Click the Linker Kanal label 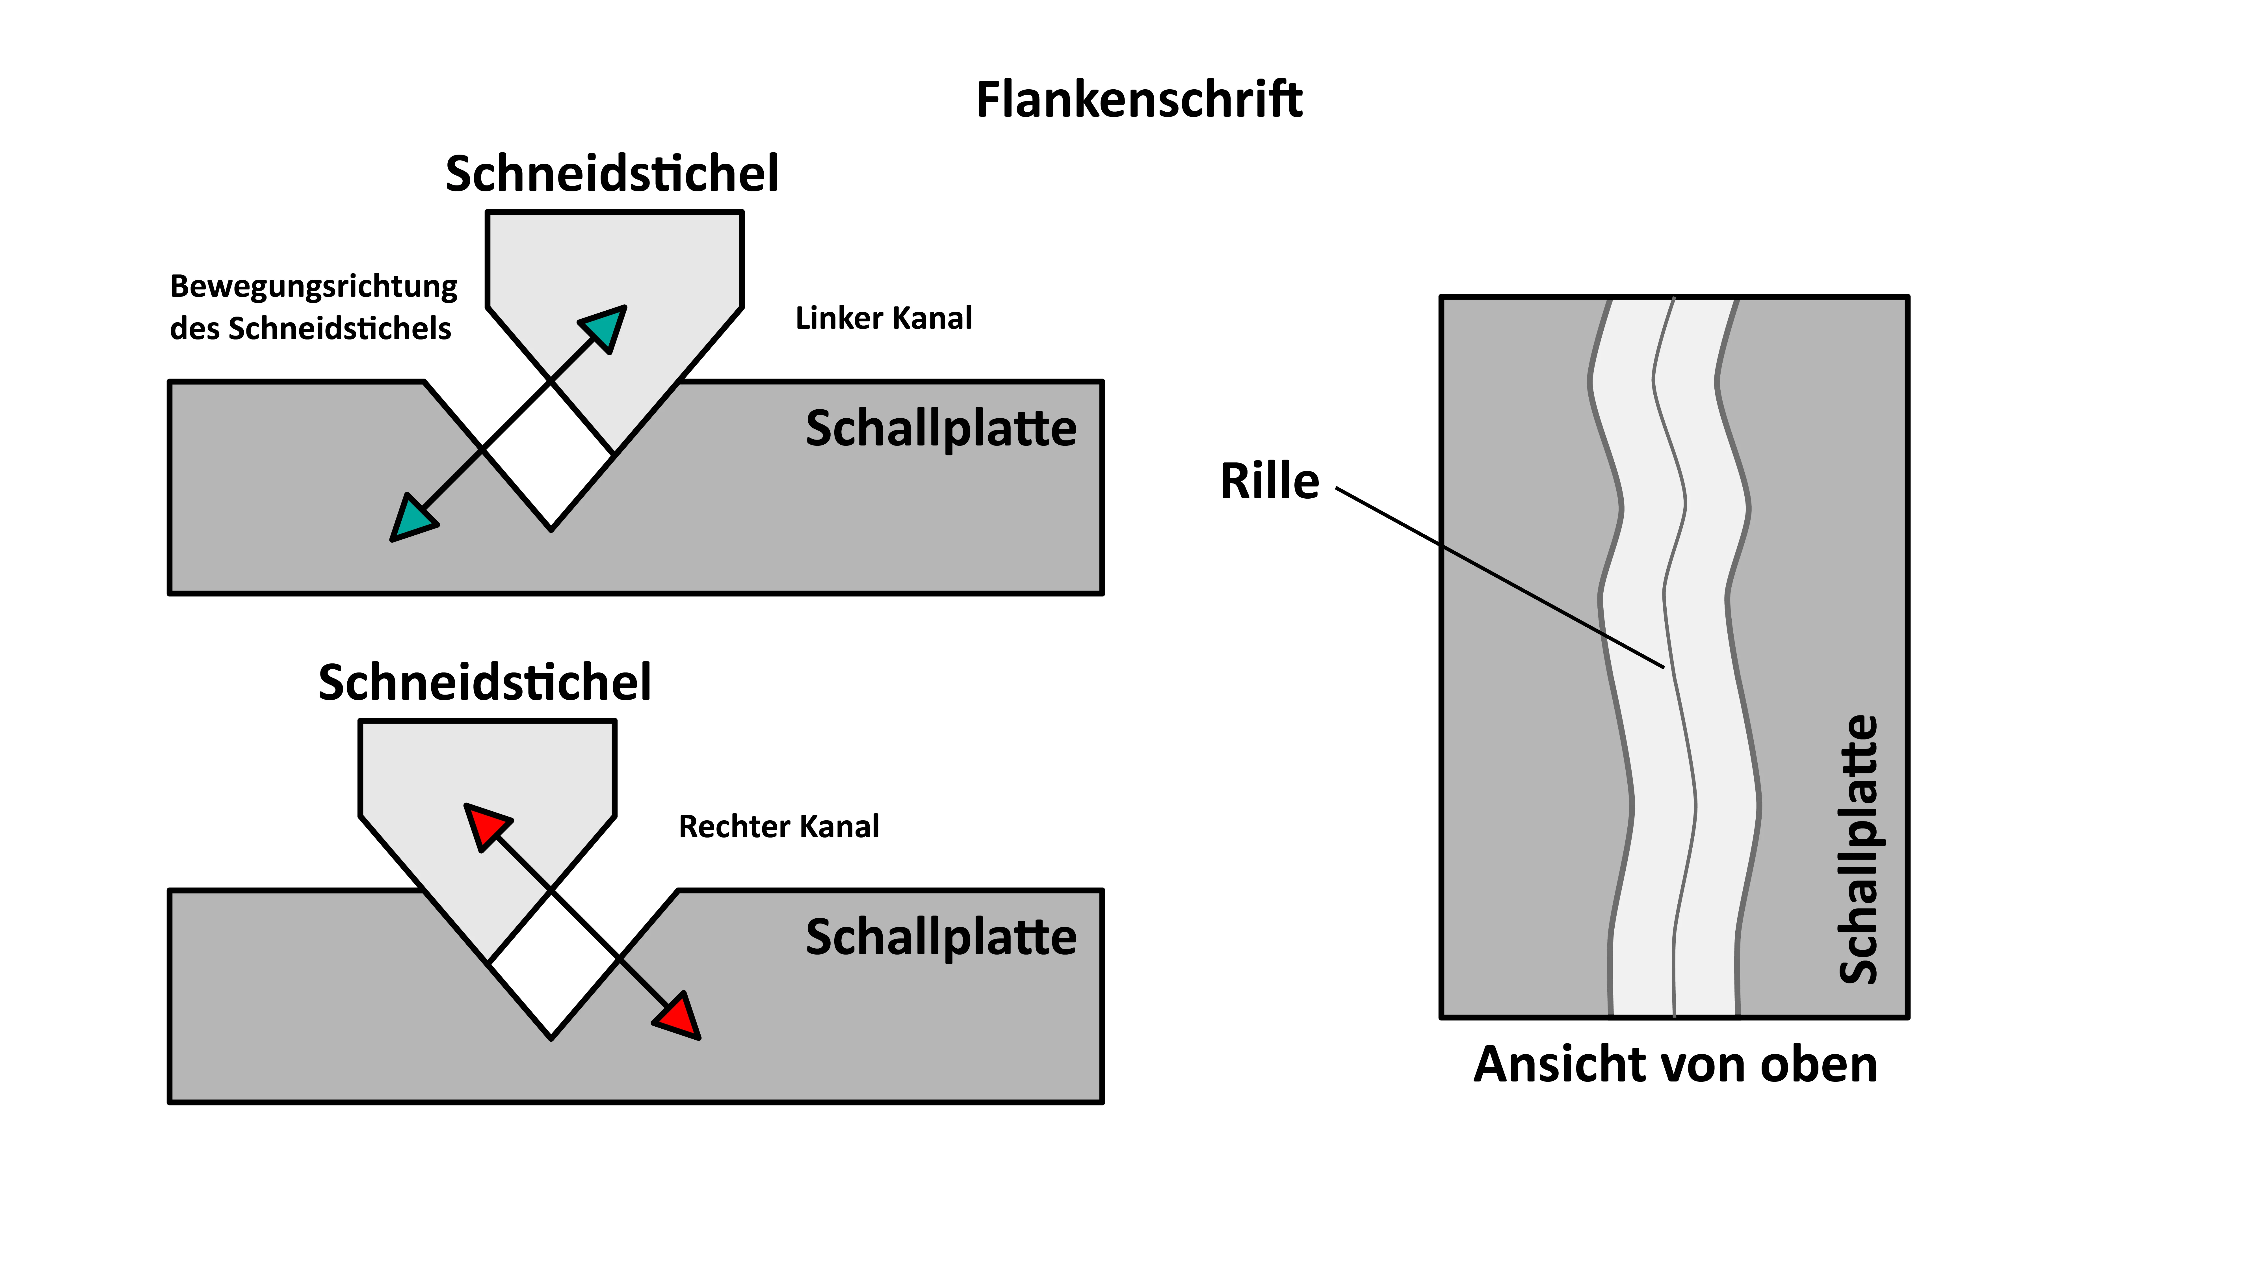(x=883, y=318)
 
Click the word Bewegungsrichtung (x=313, y=286)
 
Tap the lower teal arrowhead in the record (x=411, y=520)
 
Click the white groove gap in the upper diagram (x=549, y=457)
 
